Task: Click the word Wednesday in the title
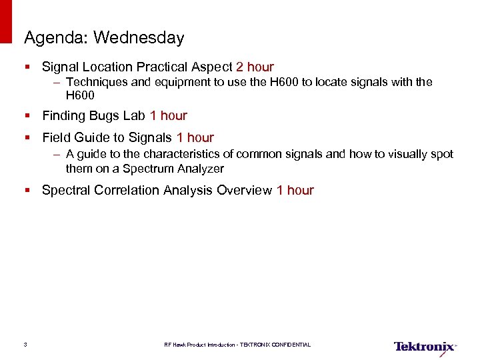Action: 139,38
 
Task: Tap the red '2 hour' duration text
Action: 255,67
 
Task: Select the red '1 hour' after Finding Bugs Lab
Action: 169,115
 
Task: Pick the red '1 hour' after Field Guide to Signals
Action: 195,137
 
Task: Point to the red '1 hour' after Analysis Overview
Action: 295,190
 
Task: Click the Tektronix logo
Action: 425,347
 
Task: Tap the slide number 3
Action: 25,345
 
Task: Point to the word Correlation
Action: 125,190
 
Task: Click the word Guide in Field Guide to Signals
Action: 90,137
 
